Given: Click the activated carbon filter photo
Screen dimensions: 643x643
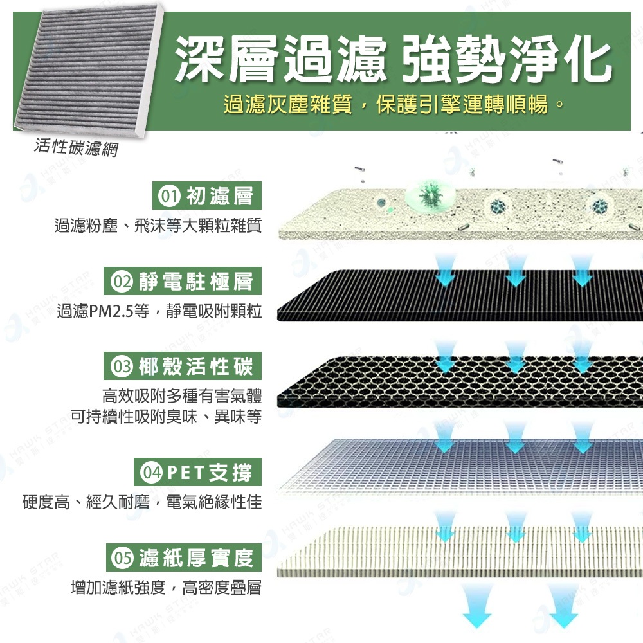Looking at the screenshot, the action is coord(88,71).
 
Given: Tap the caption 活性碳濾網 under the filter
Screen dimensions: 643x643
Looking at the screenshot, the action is coord(77,147).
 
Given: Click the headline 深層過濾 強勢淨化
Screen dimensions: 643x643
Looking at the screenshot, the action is coord(393,59).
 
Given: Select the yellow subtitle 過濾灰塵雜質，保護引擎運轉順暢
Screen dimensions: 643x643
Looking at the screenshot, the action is coord(394,104).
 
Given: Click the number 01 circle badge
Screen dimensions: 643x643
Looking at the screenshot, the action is coord(169,196).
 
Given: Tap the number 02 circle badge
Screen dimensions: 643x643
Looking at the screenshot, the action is coord(122,282).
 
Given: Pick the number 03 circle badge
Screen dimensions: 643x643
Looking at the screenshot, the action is coord(122,367).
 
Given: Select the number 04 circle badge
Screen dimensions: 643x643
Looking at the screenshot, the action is coord(151,473).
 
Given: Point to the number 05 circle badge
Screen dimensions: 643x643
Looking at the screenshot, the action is coord(122,557).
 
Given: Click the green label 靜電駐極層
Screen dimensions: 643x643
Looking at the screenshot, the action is coord(196,282).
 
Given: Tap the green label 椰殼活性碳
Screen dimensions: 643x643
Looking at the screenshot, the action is coord(196,367).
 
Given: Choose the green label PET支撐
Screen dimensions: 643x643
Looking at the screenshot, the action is coord(210,473).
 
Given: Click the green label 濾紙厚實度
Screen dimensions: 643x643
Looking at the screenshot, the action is coord(196,557).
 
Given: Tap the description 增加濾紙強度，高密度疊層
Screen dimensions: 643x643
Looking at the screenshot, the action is coord(166,588).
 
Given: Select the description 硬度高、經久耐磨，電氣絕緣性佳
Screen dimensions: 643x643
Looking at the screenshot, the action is coord(142,502).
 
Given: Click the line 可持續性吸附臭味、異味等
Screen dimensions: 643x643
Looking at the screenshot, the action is coord(166,417).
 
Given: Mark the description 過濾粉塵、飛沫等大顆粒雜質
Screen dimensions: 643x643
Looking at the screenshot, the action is coord(158,226).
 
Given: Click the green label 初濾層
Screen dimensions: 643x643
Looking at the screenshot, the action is coord(220,196).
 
